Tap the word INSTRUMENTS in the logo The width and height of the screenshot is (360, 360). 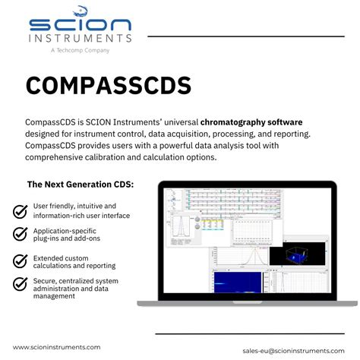(x=80, y=37)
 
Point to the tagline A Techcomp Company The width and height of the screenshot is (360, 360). (x=80, y=50)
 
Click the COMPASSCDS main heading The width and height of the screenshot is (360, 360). (x=109, y=85)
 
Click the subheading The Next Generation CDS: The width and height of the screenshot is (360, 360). (x=81, y=184)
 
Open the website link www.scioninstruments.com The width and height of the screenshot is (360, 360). (x=57, y=347)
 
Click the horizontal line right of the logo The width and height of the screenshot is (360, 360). (x=250, y=36)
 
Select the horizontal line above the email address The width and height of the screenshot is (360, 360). (x=254, y=334)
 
